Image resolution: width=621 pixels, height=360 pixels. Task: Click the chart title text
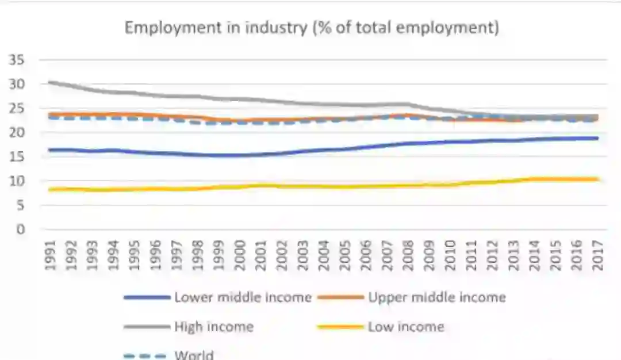coord(312,28)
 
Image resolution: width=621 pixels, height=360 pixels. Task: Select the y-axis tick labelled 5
coord(20,205)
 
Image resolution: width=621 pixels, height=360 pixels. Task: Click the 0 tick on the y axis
coord(20,229)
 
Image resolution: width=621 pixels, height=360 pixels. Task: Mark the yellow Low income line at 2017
coord(598,179)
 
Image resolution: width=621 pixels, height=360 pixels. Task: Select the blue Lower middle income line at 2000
coord(241,155)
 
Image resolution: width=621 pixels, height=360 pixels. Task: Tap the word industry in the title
coord(275,28)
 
